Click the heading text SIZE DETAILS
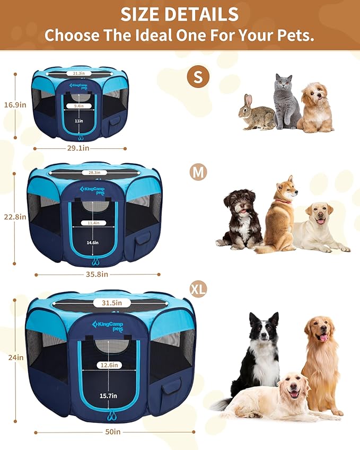[180, 14]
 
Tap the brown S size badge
[198, 77]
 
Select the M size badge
[198, 172]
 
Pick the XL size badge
[198, 289]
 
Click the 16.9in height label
[15, 105]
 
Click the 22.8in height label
[14, 216]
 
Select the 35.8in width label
[98, 274]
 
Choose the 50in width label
[112, 432]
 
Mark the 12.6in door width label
[110, 365]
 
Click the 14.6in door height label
[92, 242]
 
